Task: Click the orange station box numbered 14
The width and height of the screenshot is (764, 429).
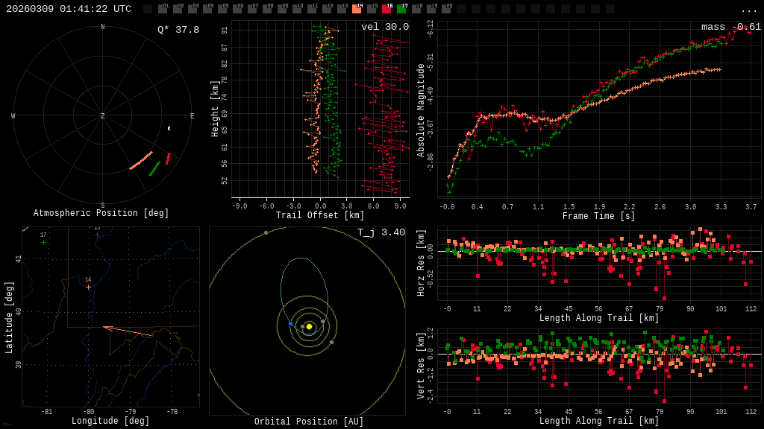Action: (x=357, y=9)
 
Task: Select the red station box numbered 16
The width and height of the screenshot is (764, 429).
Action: (x=386, y=9)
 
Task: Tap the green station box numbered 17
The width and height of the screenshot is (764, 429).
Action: (x=401, y=9)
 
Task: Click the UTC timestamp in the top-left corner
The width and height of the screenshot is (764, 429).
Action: (x=69, y=9)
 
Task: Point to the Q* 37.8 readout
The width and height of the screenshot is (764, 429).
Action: (x=178, y=30)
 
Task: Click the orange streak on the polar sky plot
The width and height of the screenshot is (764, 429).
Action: (x=141, y=161)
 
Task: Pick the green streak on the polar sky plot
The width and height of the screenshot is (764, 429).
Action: (x=154, y=169)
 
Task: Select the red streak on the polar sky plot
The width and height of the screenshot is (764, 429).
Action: (x=168, y=159)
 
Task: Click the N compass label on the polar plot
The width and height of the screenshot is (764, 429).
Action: (x=103, y=28)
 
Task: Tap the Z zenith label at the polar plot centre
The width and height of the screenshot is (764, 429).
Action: (x=103, y=116)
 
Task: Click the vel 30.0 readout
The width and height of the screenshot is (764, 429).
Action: (x=385, y=27)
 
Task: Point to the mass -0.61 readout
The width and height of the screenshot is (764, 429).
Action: (x=731, y=27)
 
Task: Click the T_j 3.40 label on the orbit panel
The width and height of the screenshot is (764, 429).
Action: (x=381, y=232)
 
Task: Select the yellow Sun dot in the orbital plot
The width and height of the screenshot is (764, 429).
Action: (x=309, y=326)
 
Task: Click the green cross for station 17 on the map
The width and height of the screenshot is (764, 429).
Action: (x=43, y=242)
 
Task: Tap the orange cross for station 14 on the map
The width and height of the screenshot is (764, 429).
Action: (x=88, y=287)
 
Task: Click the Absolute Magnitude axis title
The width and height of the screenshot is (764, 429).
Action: (x=421, y=110)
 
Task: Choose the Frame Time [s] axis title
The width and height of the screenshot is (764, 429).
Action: (x=599, y=216)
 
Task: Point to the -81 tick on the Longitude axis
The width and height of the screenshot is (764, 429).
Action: (x=47, y=412)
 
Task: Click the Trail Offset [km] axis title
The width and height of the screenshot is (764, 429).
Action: (x=320, y=216)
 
